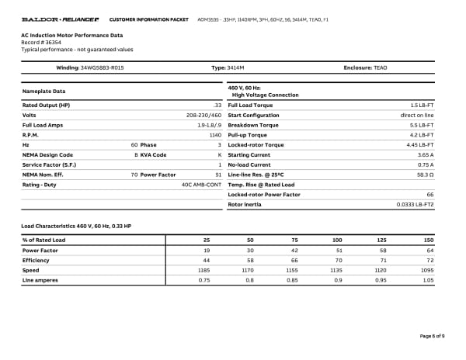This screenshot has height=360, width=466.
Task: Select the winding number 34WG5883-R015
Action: [x=102, y=68]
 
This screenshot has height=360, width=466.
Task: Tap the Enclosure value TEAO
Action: [x=380, y=68]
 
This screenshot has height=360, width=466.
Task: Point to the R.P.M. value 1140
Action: [x=215, y=134]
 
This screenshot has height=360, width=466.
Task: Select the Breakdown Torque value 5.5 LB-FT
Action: [x=420, y=124]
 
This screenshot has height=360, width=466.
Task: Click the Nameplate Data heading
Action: [x=43, y=92]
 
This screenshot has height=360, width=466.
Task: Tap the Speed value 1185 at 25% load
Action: [x=204, y=270]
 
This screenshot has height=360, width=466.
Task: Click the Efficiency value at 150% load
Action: [x=429, y=260]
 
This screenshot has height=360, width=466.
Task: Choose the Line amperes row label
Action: [x=40, y=280]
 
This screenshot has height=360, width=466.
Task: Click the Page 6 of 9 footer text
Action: [x=431, y=335]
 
